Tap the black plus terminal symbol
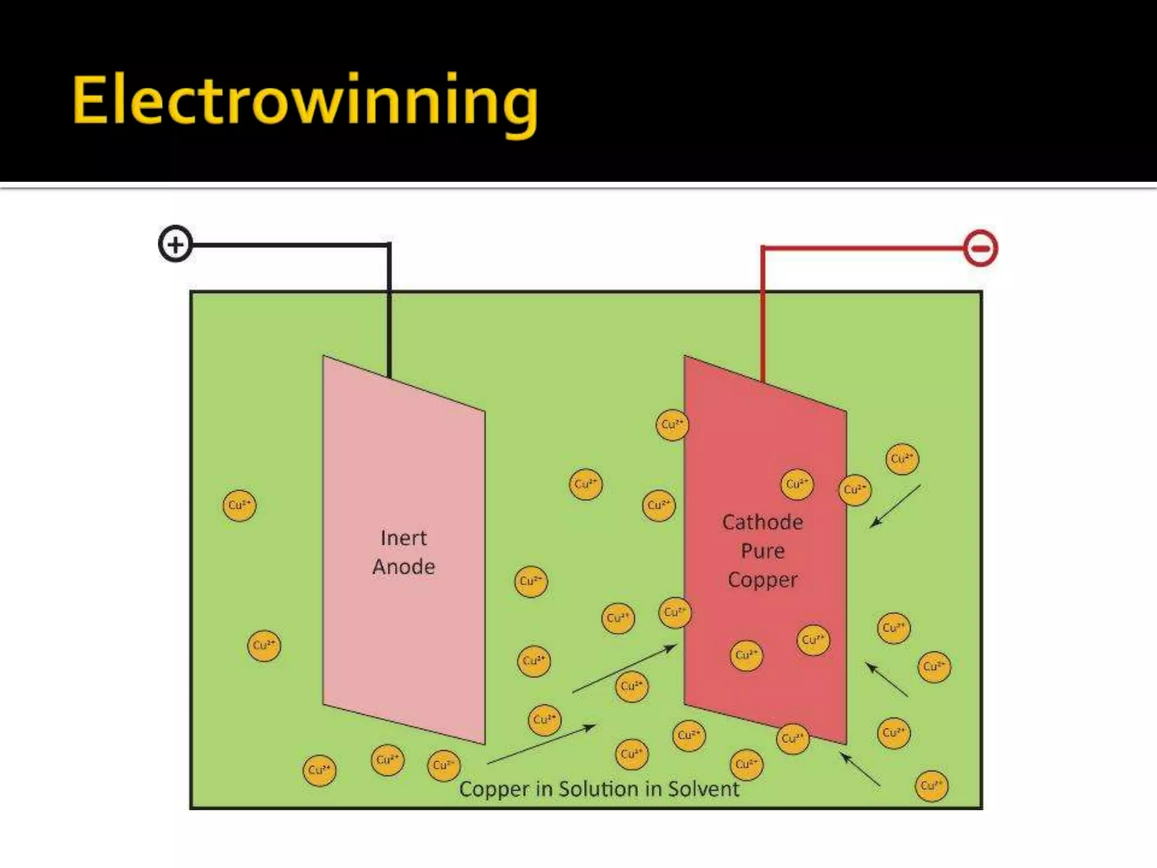pyautogui.click(x=175, y=244)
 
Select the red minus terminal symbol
pyautogui.click(x=980, y=248)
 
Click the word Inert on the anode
pyautogui.click(x=403, y=538)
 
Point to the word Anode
pyautogui.click(x=403, y=567)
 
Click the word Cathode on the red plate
pyautogui.click(x=762, y=522)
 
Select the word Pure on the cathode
pyautogui.click(x=763, y=551)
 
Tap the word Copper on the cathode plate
pyautogui.click(x=763, y=580)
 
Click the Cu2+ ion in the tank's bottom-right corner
pyautogui.click(x=931, y=786)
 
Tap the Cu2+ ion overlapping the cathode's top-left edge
pyautogui.click(x=672, y=425)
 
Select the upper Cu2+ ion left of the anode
pyautogui.click(x=240, y=505)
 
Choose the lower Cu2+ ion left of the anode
pyautogui.click(x=264, y=645)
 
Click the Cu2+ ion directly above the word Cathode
pyautogui.click(x=797, y=484)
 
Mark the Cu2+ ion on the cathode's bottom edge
pyautogui.click(x=793, y=739)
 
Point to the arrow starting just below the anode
pyautogui.click(x=541, y=744)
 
